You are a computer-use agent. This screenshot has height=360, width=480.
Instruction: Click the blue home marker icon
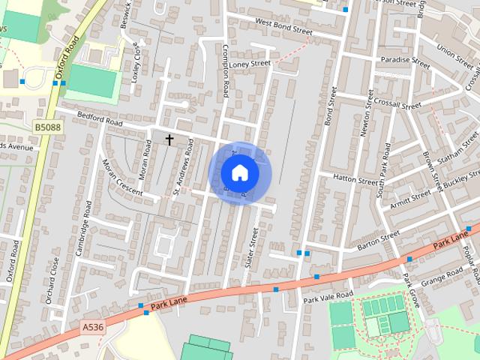[239, 172]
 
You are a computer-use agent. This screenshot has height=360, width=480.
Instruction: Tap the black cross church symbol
[169, 139]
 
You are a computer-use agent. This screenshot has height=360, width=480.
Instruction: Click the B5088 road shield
[48, 128]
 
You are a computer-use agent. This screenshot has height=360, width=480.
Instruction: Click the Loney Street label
[250, 64]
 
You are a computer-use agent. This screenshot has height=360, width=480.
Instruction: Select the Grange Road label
[443, 278]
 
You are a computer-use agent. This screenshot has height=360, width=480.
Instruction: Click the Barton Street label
[379, 240]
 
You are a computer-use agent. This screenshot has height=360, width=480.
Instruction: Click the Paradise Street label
[405, 62]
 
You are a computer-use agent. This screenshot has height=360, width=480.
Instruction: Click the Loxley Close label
[136, 61]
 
